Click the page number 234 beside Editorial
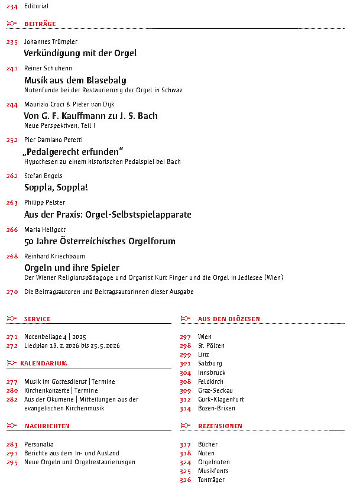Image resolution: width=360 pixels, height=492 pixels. tap(12, 7)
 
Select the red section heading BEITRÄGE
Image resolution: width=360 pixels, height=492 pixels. tap(40, 24)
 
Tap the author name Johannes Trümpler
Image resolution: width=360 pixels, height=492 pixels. tap(51, 42)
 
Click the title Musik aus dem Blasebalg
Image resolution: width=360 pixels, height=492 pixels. tap(75, 80)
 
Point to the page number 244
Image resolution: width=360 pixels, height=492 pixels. tap(12, 105)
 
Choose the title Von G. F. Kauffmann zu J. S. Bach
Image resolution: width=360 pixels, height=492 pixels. tap(90, 116)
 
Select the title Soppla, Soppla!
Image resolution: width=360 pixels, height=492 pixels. tap(56, 187)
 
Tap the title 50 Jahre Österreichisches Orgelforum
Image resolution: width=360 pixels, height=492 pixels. tap(99, 241)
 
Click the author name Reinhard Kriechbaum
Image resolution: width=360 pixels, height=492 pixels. tap(54, 257)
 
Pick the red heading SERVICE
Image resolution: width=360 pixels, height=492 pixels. tap(37, 319)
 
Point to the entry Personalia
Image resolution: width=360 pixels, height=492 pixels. tap(39, 444)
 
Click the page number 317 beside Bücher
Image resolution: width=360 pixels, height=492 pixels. tap(186, 444)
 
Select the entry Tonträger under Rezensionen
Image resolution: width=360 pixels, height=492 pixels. tap(211, 480)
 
